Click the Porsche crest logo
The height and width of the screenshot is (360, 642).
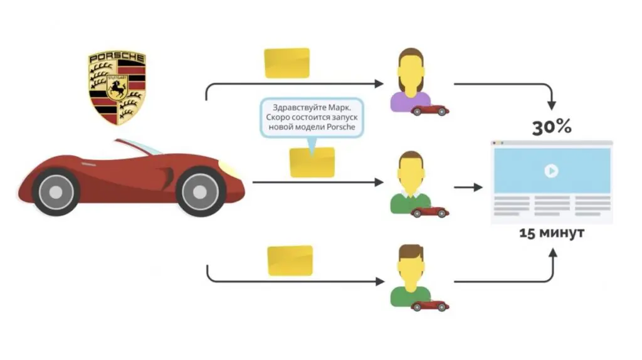click(117, 88)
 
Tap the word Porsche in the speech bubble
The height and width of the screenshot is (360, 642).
click(341, 127)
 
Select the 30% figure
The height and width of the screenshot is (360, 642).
click(552, 127)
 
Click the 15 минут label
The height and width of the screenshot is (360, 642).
click(552, 233)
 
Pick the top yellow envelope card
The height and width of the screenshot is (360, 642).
click(287, 63)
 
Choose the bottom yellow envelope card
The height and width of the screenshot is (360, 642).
click(290, 260)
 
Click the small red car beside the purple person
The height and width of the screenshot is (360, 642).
click(430, 110)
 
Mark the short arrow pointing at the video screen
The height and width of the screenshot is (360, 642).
click(468, 187)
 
